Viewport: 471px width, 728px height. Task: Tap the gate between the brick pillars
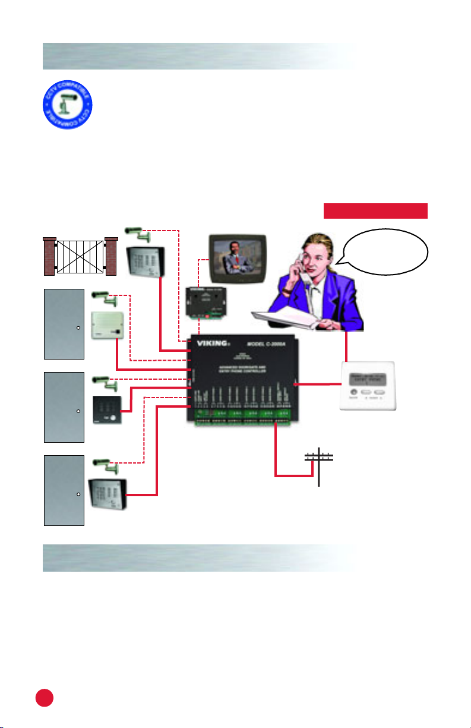coord(79,256)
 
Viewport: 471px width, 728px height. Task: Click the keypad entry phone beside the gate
coord(146,263)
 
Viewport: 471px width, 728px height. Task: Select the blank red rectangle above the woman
coord(375,210)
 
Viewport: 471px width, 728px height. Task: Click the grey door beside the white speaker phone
coord(64,324)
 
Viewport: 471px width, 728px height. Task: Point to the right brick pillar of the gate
coord(112,256)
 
